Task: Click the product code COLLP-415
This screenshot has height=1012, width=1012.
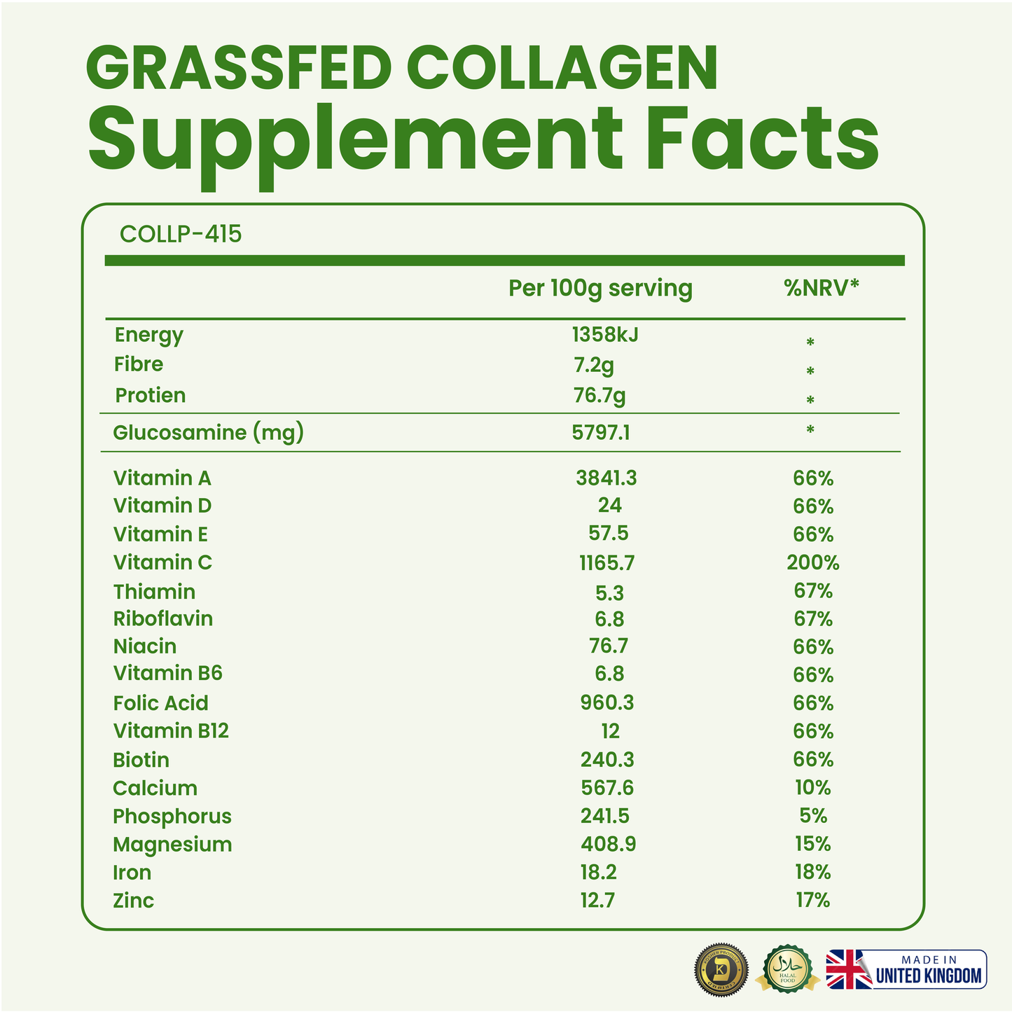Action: [181, 234]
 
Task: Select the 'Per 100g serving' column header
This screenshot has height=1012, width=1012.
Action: [600, 289]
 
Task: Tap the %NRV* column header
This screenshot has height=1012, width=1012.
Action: [822, 288]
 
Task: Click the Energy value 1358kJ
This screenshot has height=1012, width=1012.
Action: [605, 335]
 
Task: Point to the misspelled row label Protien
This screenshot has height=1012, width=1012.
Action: [151, 396]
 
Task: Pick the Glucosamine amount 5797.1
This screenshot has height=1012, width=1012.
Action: [601, 433]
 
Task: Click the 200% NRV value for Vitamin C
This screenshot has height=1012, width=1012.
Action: [812, 562]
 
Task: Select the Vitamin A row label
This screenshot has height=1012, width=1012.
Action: [162, 478]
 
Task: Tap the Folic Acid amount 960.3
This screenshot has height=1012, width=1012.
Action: [607, 702]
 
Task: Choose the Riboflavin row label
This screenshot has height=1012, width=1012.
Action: [163, 619]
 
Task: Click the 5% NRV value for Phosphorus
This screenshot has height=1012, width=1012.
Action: [812, 816]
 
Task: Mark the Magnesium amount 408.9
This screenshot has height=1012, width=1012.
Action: [608, 844]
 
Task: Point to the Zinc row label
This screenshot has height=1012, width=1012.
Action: [133, 901]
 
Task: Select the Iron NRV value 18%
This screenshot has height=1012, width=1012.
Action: [812, 872]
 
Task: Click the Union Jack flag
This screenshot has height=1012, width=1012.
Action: [849, 970]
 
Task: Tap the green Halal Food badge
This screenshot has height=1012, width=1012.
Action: [788, 969]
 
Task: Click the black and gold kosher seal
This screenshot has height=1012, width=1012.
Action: [721, 971]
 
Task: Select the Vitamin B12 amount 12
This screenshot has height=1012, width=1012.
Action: [610, 731]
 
